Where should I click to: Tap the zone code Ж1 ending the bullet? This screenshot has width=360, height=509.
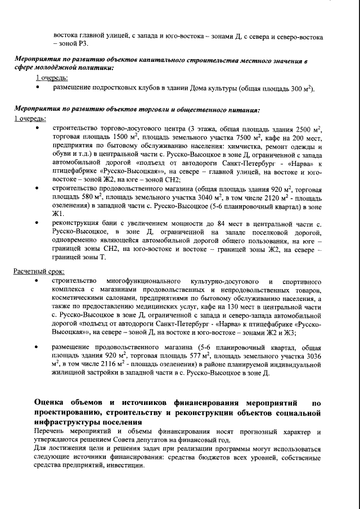coord(58,214)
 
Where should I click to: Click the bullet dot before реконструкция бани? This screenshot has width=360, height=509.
coord(38,224)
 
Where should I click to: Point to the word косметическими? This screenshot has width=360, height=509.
coord(80,298)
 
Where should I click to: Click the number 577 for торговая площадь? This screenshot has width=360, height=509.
coord(192,357)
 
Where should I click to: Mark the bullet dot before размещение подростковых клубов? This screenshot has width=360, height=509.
coord(38,89)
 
